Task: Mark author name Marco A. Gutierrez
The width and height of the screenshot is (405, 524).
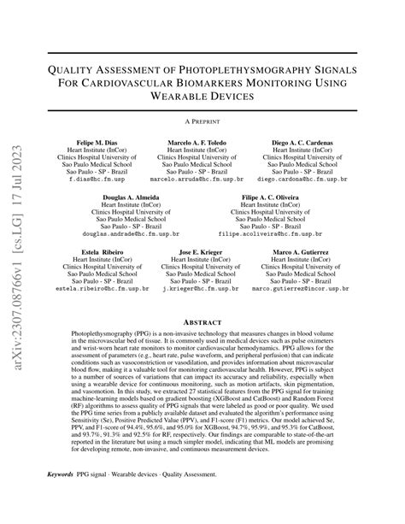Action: (x=302, y=252)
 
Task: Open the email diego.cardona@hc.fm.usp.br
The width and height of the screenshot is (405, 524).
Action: (x=302, y=180)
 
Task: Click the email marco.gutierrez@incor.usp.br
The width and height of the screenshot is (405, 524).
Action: (x=302, y=290)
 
